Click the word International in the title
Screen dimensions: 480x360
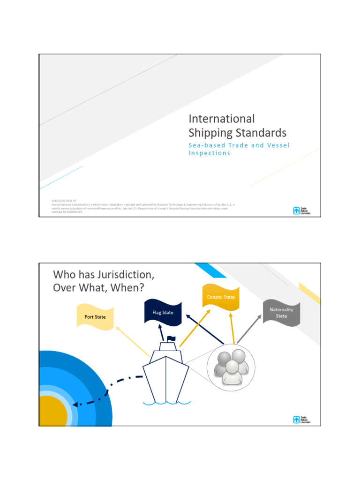pyautogui.click(x=221, y=119)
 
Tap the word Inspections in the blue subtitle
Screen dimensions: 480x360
pyautogui.click(x=209, y=153)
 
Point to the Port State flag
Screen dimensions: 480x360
pyautogui.click(x=95, y=317)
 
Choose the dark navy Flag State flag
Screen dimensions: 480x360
pyautogui.click(x=163, y=313)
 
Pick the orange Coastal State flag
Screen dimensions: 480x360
pyautogui.click(x=221, y=297)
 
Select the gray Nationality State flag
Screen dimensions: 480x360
pyautogui.click(x=281, y=313)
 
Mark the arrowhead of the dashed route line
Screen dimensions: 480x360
pyautogui.click(x=76, y=403)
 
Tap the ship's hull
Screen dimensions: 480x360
pyautogui.click(x=166, y=380)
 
